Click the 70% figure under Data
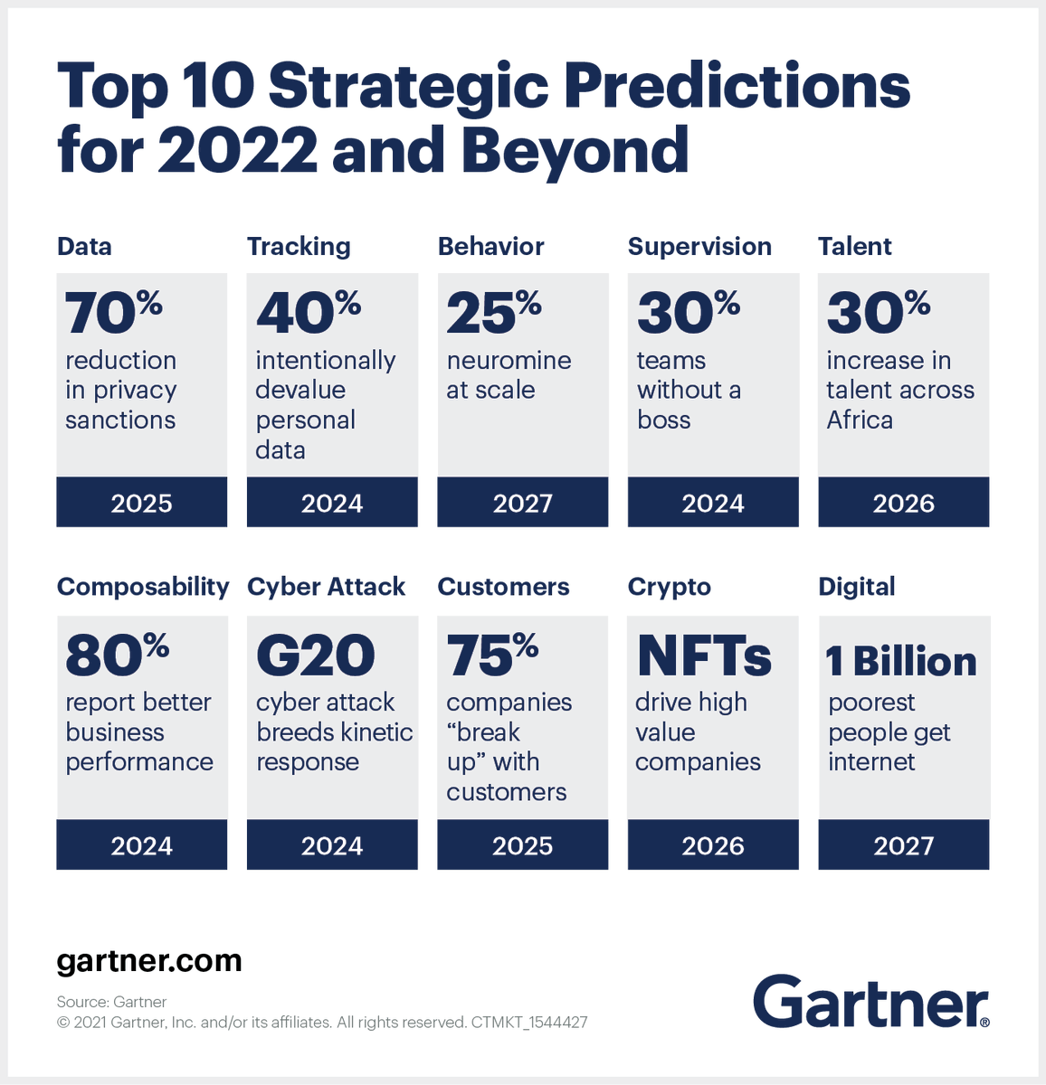(x=113, y=313)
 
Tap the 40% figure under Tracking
(x=308, y=313)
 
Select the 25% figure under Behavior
(x=493, y=313)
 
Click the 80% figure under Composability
(x=117, y=655)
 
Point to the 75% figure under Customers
(x=491, y=655)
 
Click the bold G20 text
(x=315, y=656)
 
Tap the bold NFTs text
(x=704, y=656)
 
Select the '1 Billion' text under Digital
(x=901, y=662)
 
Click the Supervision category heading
(x=699, y=247)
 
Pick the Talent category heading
(x=854, y=247)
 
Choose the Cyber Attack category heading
(x=326, y=587)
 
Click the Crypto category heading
(x=669, y=588)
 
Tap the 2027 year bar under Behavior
(x=522, y=503)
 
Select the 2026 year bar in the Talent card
(x=903, y=503)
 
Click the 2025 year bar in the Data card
(x=141, y=503)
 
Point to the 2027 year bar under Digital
(x=903, y=845)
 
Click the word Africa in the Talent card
(x=860, y=420)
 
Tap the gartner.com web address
(x=149, y=960)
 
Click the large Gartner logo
(x=870, y=1002)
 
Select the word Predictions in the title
(x=737, y=87)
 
